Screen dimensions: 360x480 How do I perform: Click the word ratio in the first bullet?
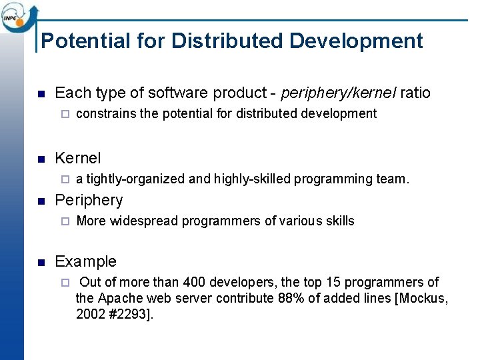pyautogui.click(x=415, y=93)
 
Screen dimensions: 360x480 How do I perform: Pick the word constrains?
pyautogui.click(x=106, y=113)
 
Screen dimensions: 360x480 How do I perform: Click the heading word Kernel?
pyautogui.click(x=78, y=158)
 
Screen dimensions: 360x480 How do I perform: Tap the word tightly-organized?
pyautogui.click(x=135, y=179)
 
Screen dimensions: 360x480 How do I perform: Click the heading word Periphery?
pyautogui.click(x=89, y=200)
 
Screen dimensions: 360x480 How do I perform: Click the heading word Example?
pyautogui.click(x=85, y=261)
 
